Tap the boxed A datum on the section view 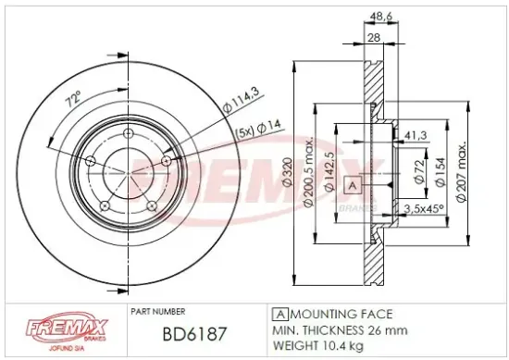click(x=351, y=186)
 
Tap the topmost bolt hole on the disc click(x=127, y=137)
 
